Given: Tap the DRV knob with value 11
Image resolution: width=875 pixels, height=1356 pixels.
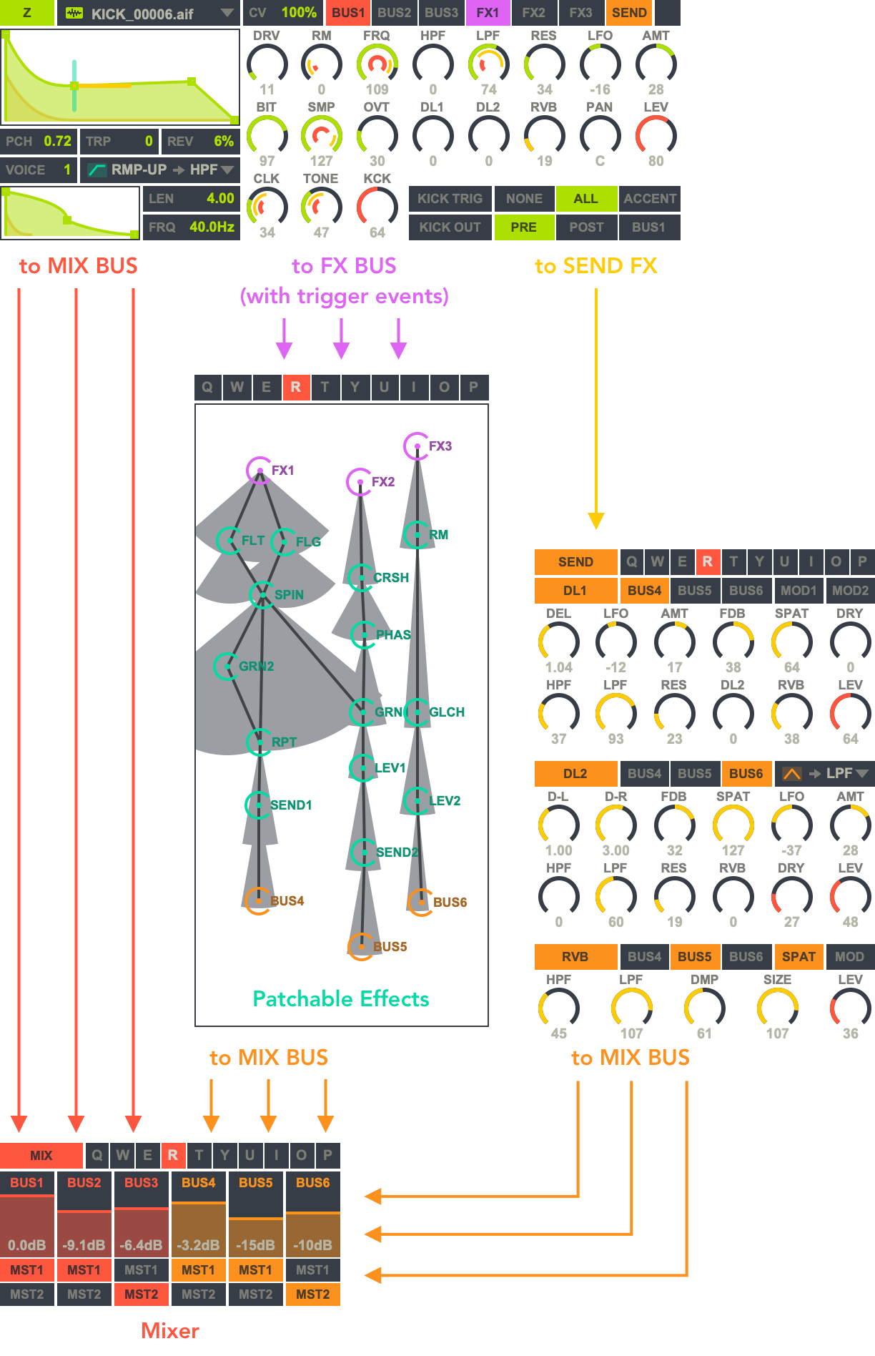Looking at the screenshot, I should (267, 64).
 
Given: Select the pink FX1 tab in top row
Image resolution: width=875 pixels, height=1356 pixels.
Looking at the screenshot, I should (488, 13).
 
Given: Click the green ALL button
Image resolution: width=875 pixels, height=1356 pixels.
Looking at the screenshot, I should (585, 199).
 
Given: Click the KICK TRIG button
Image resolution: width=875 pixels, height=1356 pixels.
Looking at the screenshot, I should (450, 199).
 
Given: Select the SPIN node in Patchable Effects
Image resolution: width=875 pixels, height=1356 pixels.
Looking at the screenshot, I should (262, 595).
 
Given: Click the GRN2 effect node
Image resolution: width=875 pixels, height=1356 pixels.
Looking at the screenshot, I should (227, 667).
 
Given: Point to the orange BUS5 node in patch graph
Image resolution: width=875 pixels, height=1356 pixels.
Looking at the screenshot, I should (361, 947).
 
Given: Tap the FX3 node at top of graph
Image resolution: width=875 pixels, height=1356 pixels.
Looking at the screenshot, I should (417, 446).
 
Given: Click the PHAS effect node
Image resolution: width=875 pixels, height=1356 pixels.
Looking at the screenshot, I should (364, 635).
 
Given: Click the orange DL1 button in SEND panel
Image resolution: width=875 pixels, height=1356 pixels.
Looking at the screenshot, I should (575, 591).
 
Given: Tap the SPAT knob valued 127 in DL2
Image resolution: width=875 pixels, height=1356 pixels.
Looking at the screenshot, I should (733, 825).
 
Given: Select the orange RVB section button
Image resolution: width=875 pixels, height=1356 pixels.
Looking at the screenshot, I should (575, 957).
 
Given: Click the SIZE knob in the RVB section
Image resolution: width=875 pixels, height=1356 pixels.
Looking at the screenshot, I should (777, 1008).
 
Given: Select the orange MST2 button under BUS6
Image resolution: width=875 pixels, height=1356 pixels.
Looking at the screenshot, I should (313, 1294).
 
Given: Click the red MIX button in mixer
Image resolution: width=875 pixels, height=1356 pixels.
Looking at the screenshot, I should (41, 1156).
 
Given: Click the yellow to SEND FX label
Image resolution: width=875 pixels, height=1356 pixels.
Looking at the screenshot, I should (595, 266).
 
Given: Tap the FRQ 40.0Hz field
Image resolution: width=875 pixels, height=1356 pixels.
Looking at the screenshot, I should (191, 227).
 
